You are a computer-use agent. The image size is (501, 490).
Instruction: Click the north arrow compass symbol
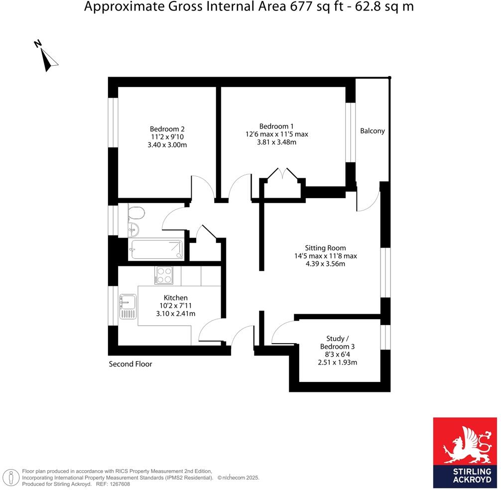(x=47, y=56)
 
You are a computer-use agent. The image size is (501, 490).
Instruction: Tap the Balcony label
(x=373, y=131)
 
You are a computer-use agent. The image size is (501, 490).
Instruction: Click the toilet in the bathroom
(x=135, y=214)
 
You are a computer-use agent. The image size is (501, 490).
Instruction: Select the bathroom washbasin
(x=133, y=230)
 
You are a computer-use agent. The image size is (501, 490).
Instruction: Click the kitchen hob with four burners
(x=164, y=275)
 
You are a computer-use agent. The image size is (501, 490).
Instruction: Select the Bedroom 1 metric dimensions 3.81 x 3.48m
(x=276, y=142)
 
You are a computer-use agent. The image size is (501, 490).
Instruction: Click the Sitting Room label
(x=325, y=247)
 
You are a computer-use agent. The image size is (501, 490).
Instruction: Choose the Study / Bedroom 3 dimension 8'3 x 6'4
(x=337, y=354)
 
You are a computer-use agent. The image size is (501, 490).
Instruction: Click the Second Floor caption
(x=130, y=364)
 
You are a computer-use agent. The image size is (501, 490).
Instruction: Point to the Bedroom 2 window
(x=113, y=122)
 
